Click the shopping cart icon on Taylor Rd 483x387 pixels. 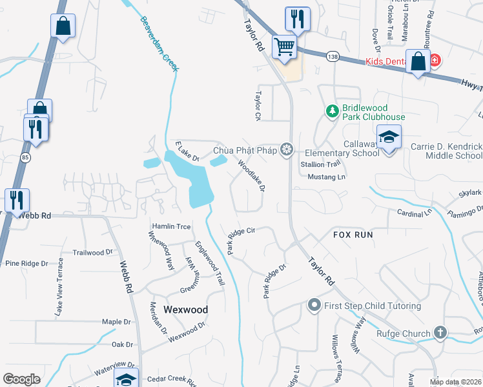(283, 46)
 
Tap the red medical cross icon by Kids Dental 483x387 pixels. (436, 61)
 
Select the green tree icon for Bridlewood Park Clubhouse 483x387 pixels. (333, 112)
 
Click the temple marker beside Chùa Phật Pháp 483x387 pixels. (287, 151)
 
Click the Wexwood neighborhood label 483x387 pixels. (185, 310)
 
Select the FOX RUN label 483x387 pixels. (353, 235)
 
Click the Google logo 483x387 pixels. (21, 379)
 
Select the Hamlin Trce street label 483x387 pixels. (171, 226)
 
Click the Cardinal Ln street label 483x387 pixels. (413, 213)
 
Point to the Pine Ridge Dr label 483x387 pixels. (26, 263)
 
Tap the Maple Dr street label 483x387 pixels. (116, 321)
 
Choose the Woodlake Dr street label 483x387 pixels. (252, 175)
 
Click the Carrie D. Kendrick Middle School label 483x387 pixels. (446, 151)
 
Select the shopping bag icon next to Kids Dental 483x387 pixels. (418, 63)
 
